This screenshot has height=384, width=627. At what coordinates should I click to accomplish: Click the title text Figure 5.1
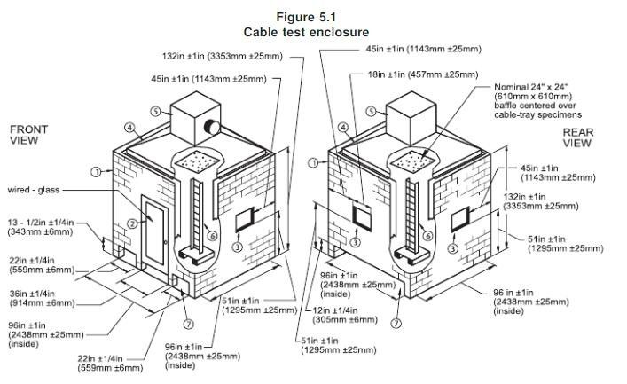(x=313, y=17)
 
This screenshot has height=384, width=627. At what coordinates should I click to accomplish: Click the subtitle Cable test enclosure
(x=313, y=32)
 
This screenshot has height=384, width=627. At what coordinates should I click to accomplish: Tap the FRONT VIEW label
(x=28, y=135)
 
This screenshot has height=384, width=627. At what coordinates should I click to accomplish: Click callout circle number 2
(x=132, y=223)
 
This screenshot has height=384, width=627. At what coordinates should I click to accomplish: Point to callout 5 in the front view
(x=155, y=112)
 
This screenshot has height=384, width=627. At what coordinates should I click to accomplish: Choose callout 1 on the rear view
(x=313, y=162)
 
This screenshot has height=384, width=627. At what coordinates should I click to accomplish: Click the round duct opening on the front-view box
(x=214, y=126)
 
